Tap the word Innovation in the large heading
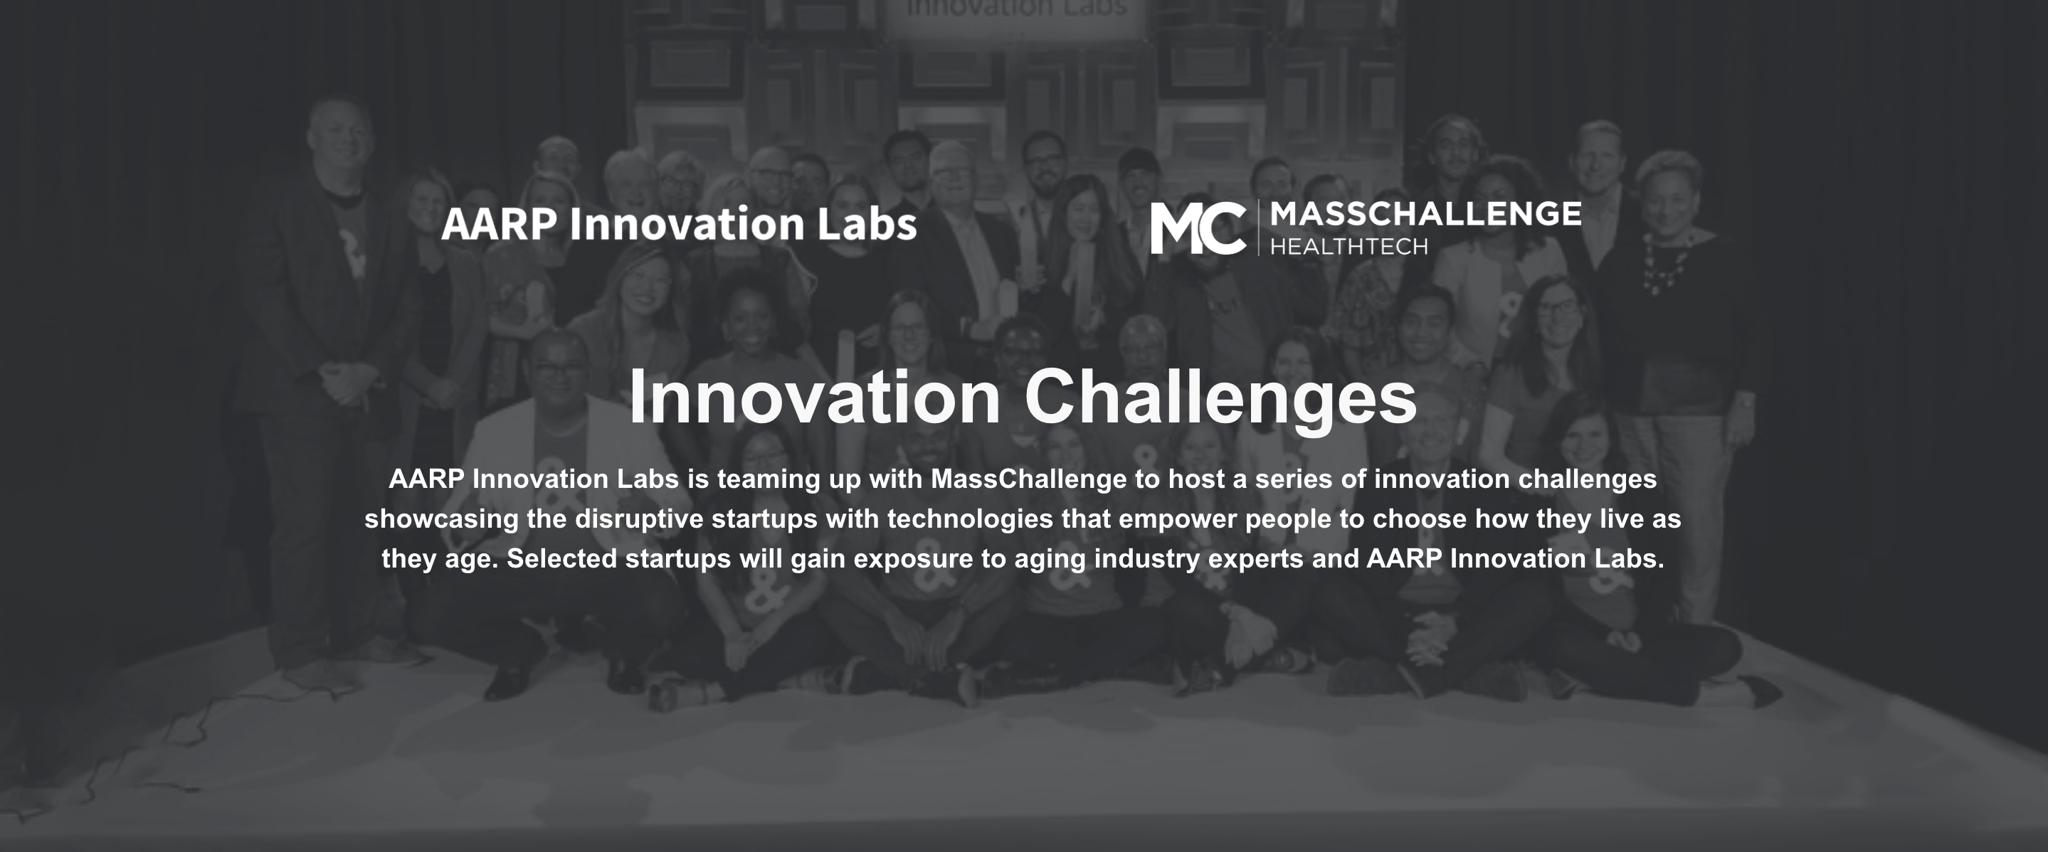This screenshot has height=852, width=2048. coord(815,398)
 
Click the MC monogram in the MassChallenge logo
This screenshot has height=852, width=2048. coord(1198,228)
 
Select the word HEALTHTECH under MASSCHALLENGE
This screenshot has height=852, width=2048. coord(1348,247)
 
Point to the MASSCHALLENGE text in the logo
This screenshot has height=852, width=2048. coord(1425,214)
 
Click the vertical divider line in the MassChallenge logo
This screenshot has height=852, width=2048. coord(1257,228)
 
